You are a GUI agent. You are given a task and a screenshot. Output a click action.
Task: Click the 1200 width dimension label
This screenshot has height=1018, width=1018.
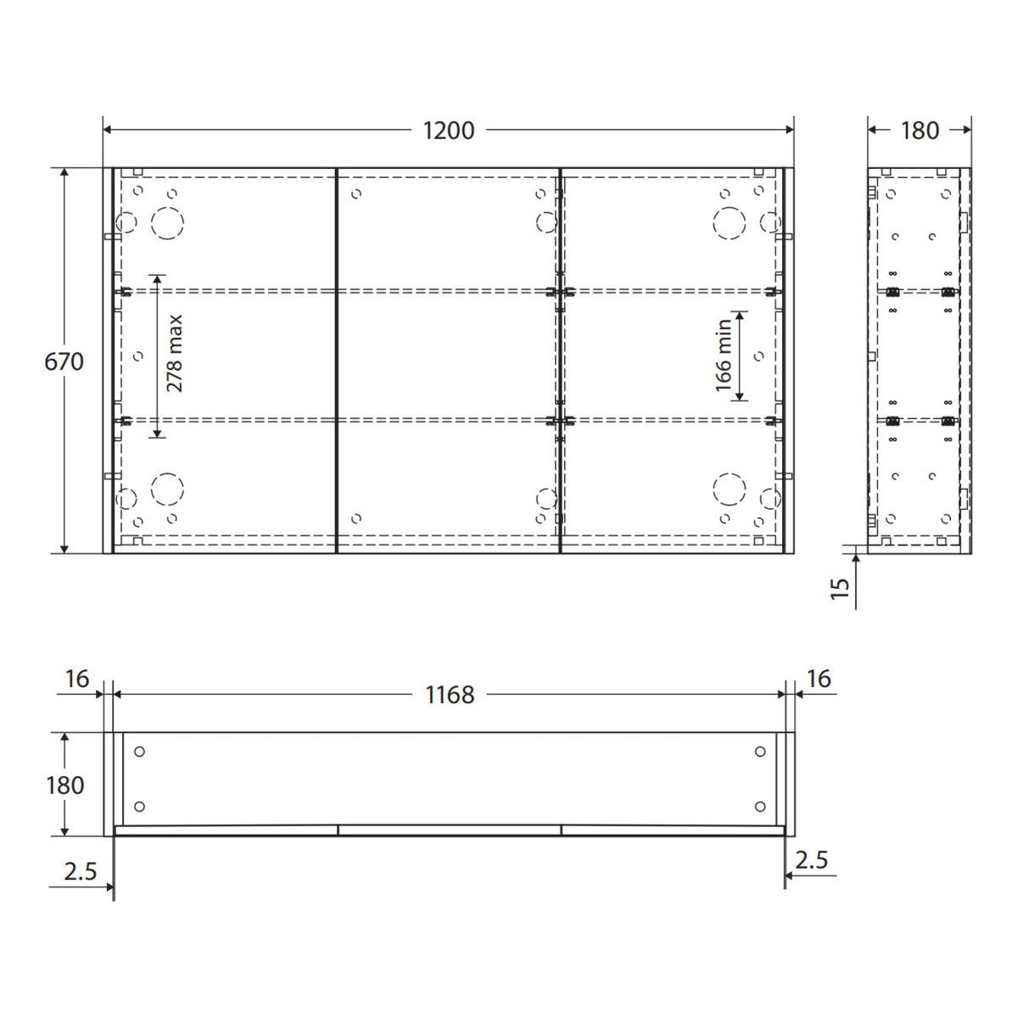coord(449,131)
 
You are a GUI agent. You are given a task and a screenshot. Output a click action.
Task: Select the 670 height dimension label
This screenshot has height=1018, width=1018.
coord(64,362)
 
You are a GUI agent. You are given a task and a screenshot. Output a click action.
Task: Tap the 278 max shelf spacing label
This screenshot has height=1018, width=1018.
coord(174,354)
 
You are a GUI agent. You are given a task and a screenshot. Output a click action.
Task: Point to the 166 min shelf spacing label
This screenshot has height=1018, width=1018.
coord(724,355)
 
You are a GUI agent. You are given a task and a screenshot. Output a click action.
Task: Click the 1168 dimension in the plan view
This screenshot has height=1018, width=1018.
coord(450,695)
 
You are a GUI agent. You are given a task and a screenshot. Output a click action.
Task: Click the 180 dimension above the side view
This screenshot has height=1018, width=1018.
coord(920,131)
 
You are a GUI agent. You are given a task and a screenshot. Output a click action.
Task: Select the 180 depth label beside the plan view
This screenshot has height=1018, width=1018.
coord(65,786)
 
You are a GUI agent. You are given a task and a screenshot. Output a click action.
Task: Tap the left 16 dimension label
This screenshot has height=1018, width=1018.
coord(77,680)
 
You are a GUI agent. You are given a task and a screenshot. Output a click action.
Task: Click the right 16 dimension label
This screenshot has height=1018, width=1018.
coord(819,680)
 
